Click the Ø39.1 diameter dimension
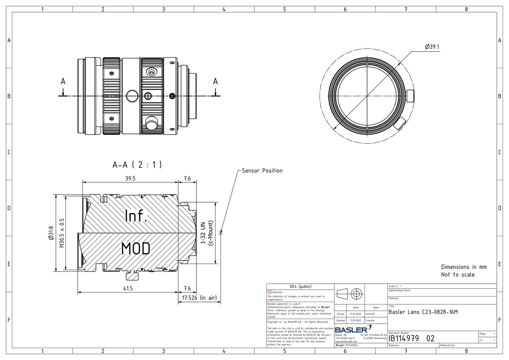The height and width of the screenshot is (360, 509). [432, 47]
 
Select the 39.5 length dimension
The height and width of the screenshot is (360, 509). [130, 178]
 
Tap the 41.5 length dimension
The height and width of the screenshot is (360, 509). [128, 288]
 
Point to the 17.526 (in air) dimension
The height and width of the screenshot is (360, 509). [199, 298]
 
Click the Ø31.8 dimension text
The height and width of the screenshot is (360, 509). [51, 233]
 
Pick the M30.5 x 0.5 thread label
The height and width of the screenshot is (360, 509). [62, 233]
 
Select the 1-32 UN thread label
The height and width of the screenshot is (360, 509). [203, 233]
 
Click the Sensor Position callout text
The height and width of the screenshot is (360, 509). [262, 171]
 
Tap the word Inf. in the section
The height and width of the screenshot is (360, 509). [136, 216]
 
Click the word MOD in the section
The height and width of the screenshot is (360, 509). [136, 249]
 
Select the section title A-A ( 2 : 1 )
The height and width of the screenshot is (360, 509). [137, 165]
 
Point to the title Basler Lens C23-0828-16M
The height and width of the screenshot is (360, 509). [423, 312]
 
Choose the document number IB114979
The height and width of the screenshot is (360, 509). [403, 338]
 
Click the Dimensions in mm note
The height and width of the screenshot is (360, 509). [464, 267]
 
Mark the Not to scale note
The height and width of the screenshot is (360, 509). [458, 275]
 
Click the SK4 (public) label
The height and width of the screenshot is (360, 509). [300, 287]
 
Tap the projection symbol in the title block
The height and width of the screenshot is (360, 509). [350, 293]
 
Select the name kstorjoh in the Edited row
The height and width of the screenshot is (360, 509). [370, 314]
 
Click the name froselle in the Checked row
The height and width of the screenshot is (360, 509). [370, 320]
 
